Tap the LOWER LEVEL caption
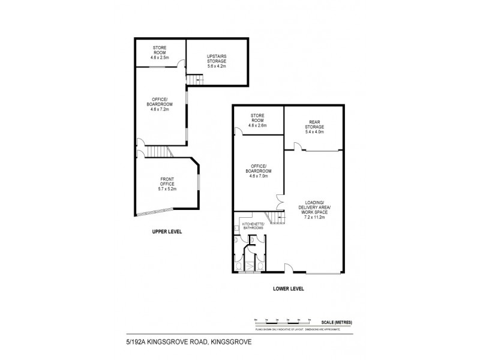pyautogui.click(x=289, y=289)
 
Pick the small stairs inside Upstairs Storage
pyautogui.click(x=192, y=80)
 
